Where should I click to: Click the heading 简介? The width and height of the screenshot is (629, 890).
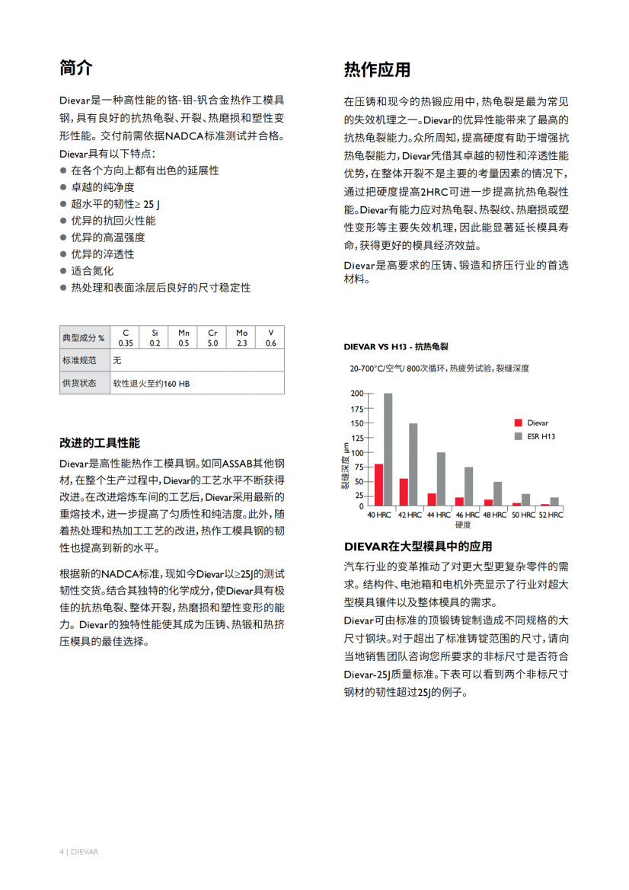coord(76,68)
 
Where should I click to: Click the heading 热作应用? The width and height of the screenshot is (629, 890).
coord(377,70)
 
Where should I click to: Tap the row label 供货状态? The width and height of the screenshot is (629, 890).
coord(79,383)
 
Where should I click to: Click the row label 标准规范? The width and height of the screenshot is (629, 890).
coord(79,359)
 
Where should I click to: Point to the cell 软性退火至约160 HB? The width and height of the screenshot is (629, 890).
coord(152,383)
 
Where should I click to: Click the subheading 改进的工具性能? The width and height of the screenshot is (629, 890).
coord(100,443)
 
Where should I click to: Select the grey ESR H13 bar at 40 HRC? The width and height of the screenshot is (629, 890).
coord(388,449)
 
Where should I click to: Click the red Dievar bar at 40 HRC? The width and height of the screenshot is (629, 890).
coord(378,484)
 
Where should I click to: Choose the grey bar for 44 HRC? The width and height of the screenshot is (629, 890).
coord(441,479)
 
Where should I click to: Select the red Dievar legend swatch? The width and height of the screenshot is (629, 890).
coord(519,423)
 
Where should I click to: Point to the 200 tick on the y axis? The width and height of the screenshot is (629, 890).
coord(356,394)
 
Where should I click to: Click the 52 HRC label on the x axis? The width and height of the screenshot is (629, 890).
coord(550,515)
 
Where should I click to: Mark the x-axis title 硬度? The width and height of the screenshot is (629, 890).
coord(463,525)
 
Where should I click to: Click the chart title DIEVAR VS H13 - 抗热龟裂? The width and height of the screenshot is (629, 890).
coord(397,346)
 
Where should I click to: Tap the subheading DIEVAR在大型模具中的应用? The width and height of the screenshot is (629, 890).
coord(418,547)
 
